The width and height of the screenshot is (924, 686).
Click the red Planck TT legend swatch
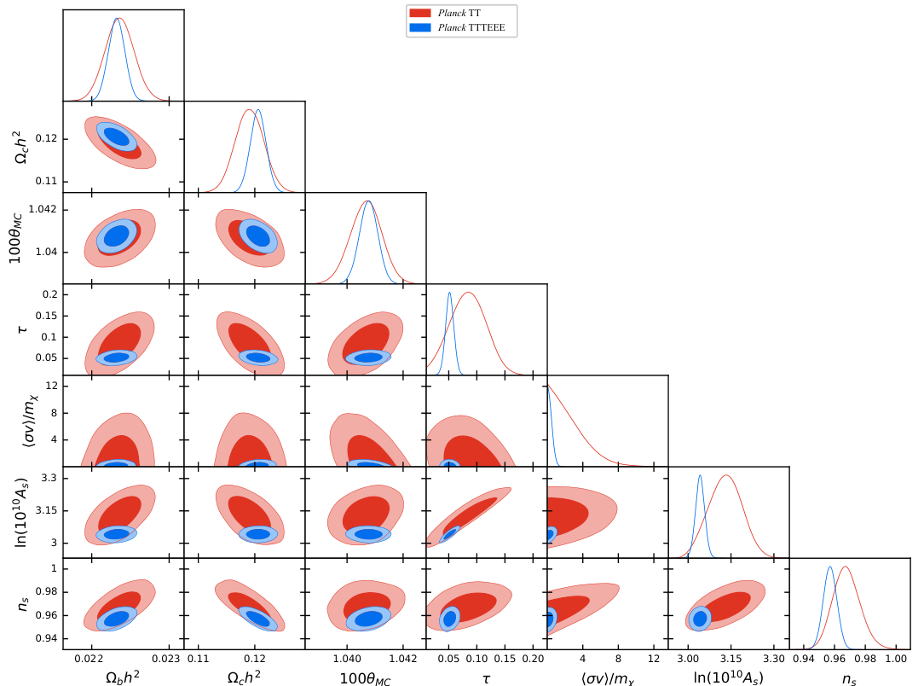tap(420, 13)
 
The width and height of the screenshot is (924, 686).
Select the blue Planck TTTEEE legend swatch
tap(420, 27)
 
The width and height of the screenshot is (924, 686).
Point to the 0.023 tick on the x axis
tap(166, 659)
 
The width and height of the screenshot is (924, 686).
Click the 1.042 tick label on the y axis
tap(43, 209)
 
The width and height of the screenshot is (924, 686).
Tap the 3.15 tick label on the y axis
tap(47, 510)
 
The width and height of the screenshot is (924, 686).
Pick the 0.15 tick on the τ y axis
tap(47, 316)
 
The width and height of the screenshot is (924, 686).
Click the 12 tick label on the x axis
tap(654, 659)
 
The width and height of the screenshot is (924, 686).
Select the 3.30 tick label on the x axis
tap(774, 659)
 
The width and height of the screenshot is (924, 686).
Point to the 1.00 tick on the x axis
tap(896, 659)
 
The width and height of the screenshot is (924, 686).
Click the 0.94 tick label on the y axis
tap(47, 638)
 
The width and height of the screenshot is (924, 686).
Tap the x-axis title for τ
tap(486, 679)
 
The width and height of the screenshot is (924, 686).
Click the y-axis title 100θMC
tap(16, 238)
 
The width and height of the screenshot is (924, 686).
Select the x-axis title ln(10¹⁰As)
tap(728, 678)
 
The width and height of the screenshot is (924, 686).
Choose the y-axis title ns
tap(23, 604)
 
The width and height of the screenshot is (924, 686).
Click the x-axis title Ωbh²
tap(123, 677)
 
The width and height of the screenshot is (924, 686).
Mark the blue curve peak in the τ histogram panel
tap(449, 293)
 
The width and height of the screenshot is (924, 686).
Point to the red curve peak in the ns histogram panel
tap(846, 567)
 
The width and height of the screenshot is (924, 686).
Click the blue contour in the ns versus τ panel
tap(449, 619)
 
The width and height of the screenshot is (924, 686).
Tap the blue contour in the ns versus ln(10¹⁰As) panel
tap(700, 619)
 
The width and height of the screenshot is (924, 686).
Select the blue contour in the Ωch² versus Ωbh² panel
tap(117, 137)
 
